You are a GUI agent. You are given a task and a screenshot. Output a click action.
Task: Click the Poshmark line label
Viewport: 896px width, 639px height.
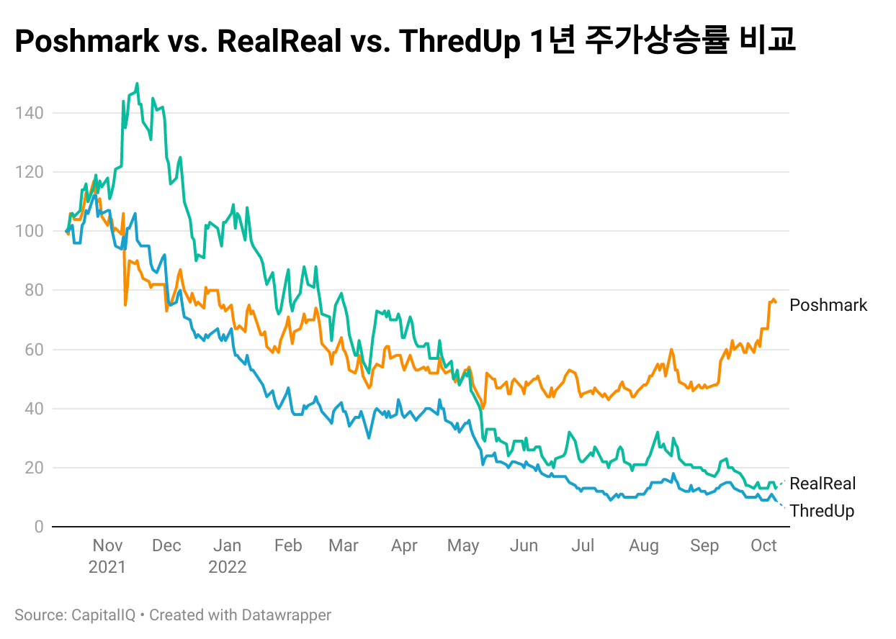[828, 305]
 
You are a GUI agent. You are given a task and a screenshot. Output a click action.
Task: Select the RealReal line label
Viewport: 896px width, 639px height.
[823, 484]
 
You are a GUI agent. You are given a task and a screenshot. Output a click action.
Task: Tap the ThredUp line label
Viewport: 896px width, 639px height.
[822, 511]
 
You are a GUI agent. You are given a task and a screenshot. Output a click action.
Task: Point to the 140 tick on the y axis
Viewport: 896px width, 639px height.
[29, 113]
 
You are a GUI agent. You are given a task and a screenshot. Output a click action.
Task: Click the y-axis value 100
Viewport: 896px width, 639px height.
[29, 231]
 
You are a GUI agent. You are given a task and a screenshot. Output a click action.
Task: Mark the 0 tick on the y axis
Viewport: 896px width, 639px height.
[38, 527]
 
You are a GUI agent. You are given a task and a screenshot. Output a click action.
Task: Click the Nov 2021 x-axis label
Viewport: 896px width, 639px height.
[107, 556]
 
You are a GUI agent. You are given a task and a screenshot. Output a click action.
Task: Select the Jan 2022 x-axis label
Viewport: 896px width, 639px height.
[227, 556]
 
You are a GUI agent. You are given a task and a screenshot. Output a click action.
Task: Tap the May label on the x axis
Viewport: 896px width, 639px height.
[462, 545]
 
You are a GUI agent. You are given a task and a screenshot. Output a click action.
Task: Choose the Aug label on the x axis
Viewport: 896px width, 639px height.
[643, 545]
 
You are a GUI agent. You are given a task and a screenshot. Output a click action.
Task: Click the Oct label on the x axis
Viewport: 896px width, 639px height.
[763, 545]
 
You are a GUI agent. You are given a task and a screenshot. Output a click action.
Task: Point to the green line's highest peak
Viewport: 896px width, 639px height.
[137, 83]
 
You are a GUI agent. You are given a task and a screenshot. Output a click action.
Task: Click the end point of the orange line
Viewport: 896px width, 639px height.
[776, 302]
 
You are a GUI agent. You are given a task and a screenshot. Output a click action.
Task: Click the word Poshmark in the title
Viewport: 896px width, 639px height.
[87, 42]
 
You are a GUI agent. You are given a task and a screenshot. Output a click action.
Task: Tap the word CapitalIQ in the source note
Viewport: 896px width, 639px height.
[101, 615]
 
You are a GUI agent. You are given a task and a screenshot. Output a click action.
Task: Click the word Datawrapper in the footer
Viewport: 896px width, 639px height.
[286, 615]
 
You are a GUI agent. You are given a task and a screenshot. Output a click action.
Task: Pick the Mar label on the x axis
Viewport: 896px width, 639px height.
[343, 545]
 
